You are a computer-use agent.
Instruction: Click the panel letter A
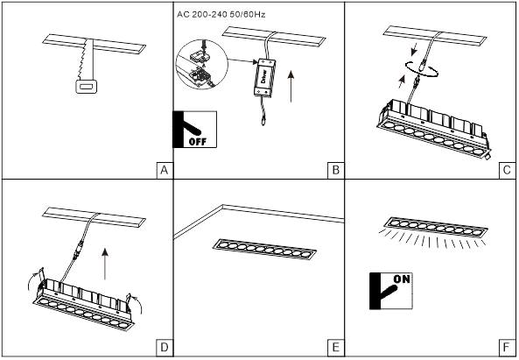(165, 170)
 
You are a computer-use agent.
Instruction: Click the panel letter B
(335, 170)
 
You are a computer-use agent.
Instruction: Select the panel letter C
(507, 170)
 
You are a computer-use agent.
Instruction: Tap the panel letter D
(165, 348)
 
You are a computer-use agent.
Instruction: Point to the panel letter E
(335, 348)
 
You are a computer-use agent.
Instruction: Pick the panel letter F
(506, 348)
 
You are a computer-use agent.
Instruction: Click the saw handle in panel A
(87, 87)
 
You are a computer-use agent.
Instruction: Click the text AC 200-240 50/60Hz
(221, 15)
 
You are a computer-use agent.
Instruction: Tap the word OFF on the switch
(198, 142)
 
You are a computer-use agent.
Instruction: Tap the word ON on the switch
(402, 279)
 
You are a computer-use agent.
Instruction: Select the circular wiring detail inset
(202, 64)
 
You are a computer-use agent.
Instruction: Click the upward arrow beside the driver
(291, 86)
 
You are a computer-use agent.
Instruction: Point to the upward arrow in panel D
(105, 264)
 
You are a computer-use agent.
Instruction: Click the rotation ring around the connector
(422, 69)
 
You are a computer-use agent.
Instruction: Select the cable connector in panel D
(79, 250)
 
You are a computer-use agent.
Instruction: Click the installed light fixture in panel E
(264, 249)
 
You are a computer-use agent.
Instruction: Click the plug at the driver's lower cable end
(263, 121)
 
